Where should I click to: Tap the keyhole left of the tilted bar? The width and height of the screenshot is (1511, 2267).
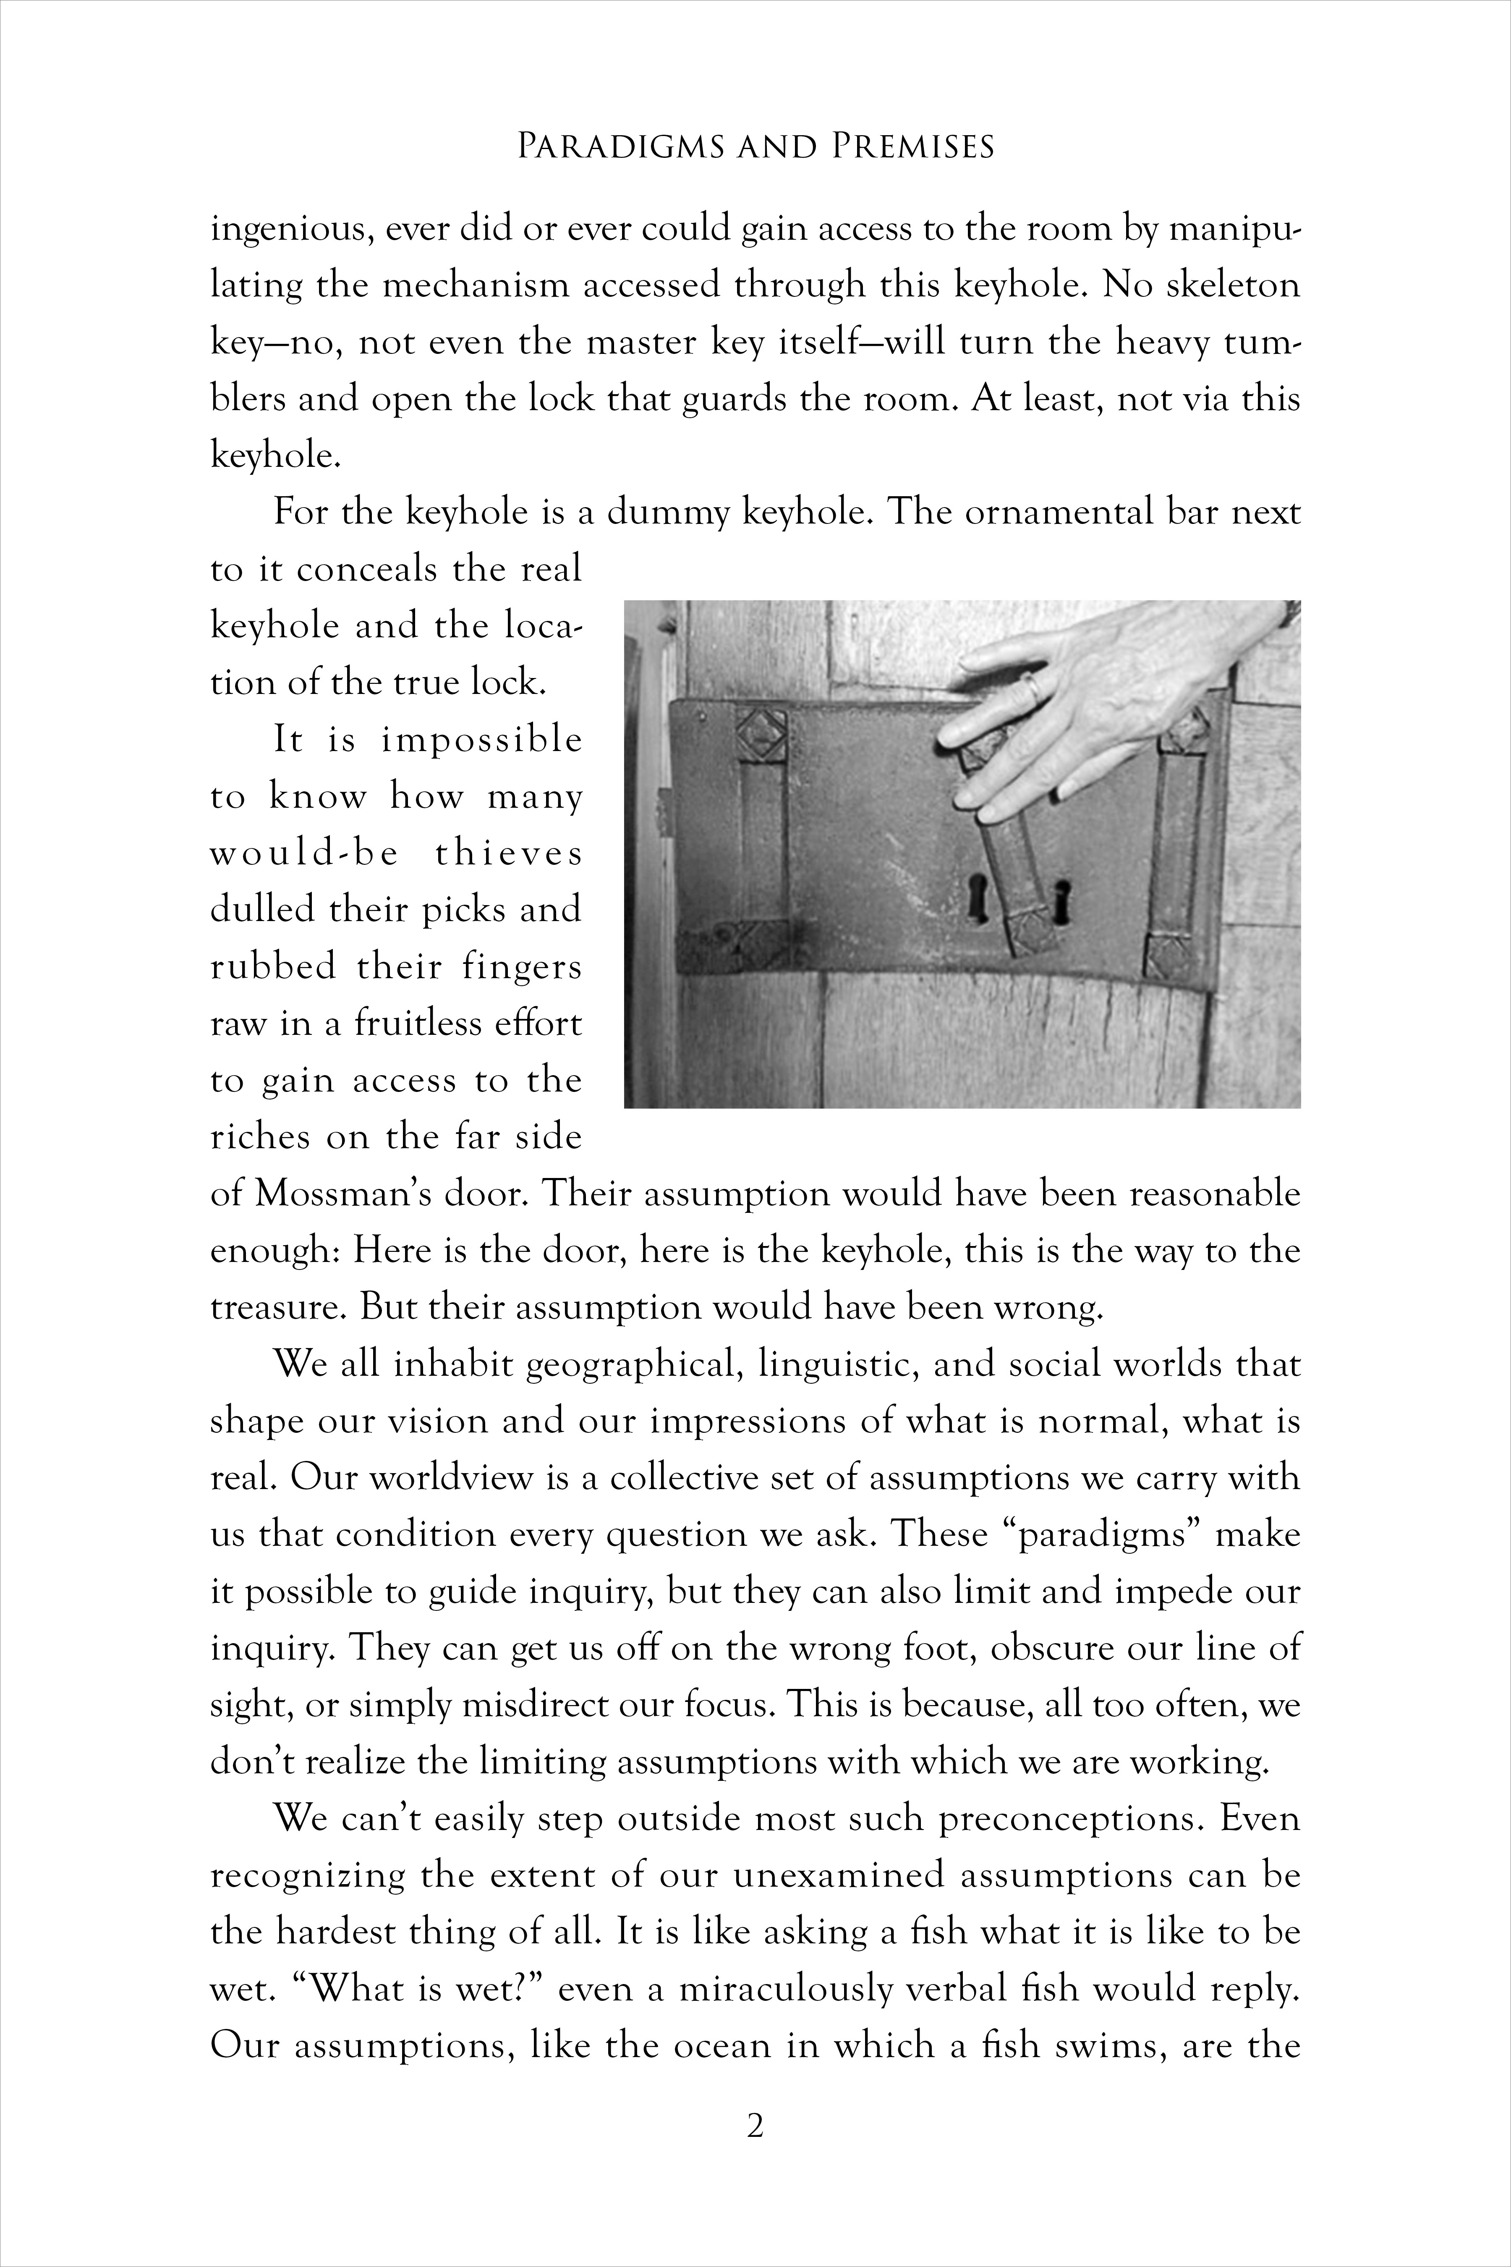click(977, 893)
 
